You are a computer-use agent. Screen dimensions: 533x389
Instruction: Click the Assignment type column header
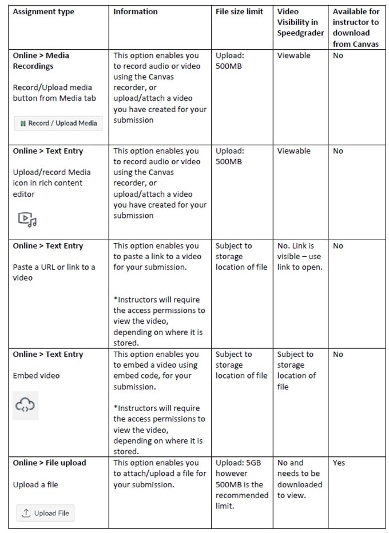click(x=43, y=11)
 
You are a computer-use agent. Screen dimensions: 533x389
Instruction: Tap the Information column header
click(x=136, y=11)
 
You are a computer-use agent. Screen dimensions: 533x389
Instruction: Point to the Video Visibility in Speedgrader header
click(x=300, y=22)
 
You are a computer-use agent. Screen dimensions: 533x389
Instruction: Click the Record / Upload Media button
click(x=58, y=123)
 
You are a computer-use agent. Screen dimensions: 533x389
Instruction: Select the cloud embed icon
click(x=25, y=405)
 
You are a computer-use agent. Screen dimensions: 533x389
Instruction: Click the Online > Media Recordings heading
click(x=41, y=61)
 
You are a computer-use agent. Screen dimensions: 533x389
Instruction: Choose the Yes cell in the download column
click(x=339, y=463)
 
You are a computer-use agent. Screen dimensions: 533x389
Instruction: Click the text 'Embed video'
click(x=36, y=376)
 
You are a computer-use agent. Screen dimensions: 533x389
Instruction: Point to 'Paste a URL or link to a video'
click(x=54, y=272)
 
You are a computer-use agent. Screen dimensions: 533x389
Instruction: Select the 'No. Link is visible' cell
click(x=300, y=256)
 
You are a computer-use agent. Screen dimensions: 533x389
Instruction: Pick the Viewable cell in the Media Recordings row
click(x=294, y=55)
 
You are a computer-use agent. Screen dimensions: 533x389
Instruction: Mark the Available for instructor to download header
click(x=356, y=27)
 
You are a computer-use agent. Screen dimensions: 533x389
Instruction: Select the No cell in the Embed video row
click(x=338, y=354)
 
